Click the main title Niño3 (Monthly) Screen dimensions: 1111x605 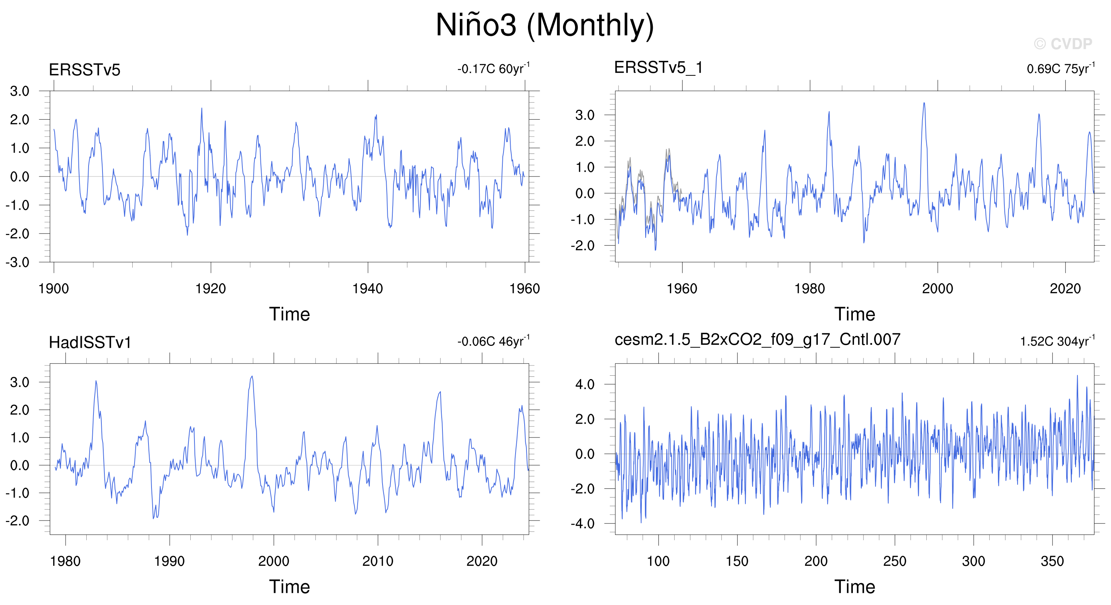coord(545,25)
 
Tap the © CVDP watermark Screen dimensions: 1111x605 coord(1063,44)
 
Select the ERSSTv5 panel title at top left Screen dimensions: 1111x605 coord(84,70)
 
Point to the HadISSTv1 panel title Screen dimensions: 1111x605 coord(90,342)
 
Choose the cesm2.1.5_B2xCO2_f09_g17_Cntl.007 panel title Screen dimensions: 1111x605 coord(757,339)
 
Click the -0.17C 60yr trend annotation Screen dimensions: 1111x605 coord(493,68)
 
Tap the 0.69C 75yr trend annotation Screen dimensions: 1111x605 coord(1061,68)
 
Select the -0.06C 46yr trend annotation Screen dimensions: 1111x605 coord(493,341)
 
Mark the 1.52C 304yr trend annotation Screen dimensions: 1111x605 coord(1057,341)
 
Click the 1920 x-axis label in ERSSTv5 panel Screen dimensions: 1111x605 coord(210,288)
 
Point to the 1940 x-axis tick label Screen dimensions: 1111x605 coord(367,288)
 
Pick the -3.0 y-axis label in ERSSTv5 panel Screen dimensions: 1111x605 coord(18,263)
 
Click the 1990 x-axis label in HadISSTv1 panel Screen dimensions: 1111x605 coord(170,561)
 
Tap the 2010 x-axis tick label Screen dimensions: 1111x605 coord(378,561)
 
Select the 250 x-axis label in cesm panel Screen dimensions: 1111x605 coord(895,561)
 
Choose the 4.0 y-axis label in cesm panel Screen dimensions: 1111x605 coord(585,384)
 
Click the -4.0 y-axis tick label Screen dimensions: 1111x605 coord(583,524)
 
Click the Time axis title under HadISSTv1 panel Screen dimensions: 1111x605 coord(289,587)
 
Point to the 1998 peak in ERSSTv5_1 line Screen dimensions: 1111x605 coord(924,103)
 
